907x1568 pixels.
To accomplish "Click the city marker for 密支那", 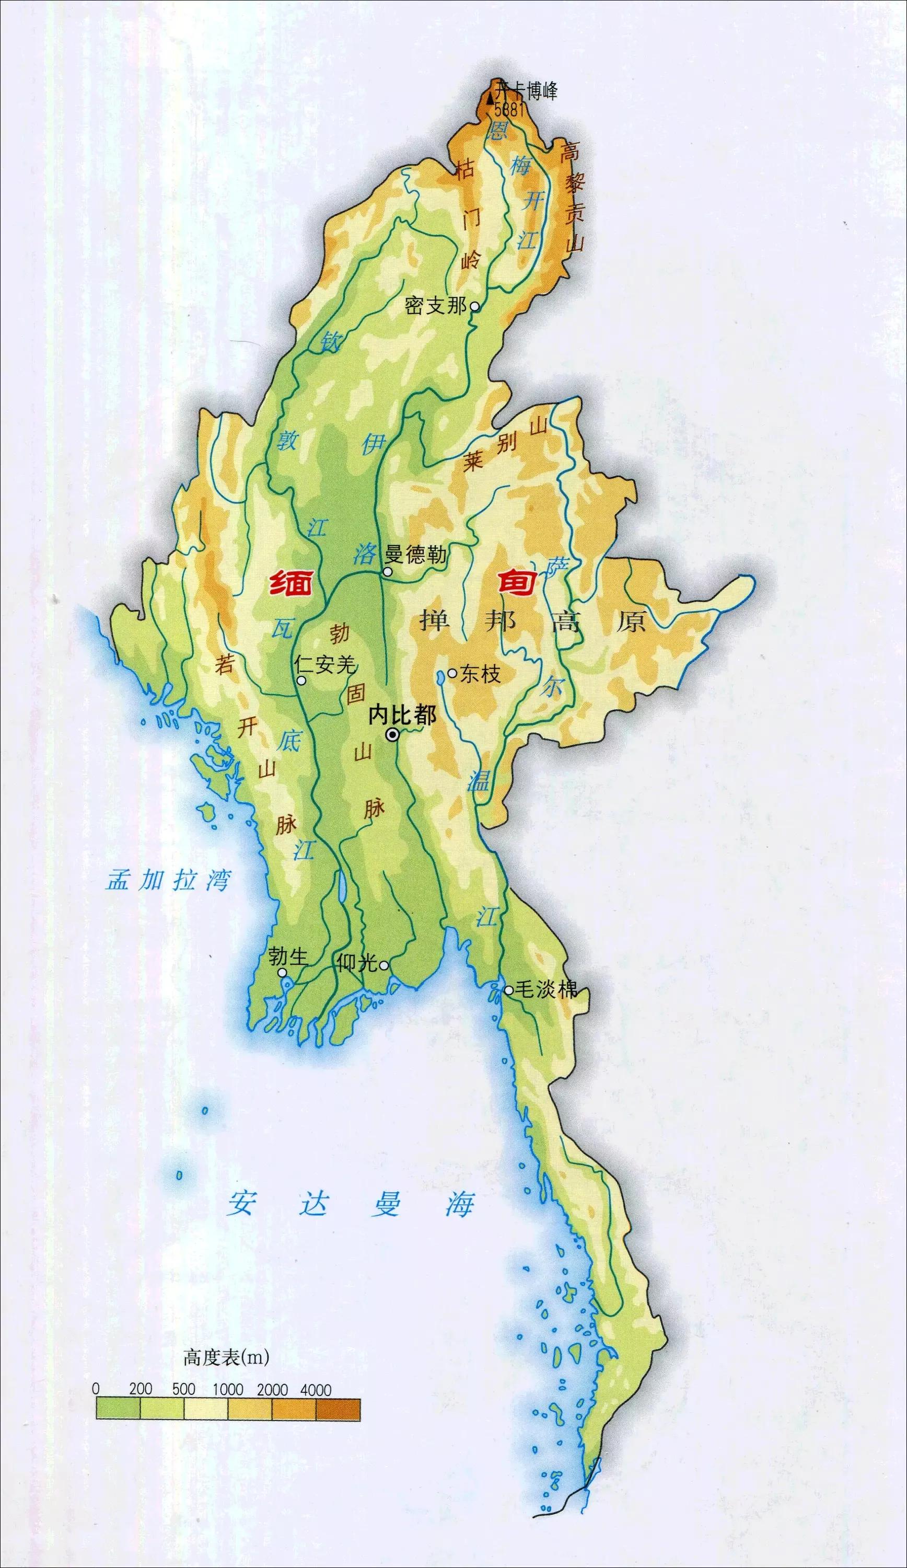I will point(474,306).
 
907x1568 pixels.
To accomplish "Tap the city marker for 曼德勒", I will point(388,572).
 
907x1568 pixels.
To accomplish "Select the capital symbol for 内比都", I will point(392,735).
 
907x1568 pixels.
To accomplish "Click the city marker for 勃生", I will point(283,973).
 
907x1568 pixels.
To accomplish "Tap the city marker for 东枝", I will point(452,673).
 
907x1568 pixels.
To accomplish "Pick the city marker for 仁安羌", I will point(301,681).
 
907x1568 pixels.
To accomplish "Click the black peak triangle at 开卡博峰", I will point(491,98).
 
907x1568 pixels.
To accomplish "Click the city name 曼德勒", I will point(416,554).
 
